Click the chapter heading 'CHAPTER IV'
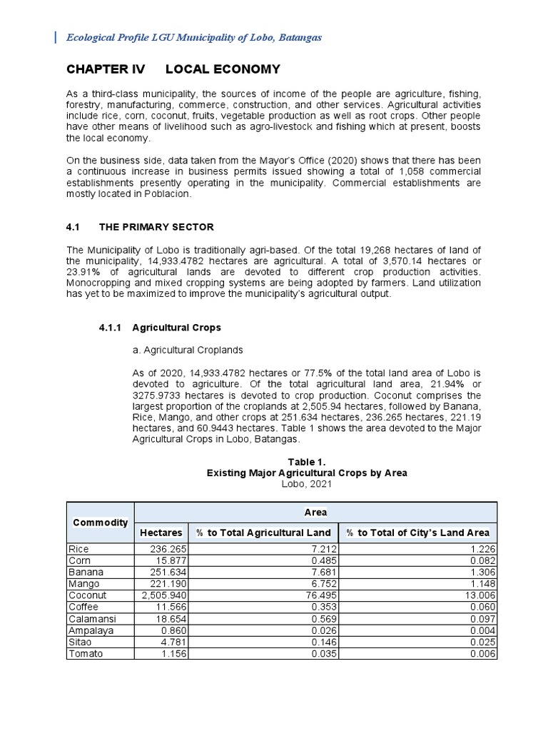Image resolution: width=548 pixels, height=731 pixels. tap(106, 69)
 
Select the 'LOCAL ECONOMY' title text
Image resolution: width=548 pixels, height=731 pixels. tap(223, 69)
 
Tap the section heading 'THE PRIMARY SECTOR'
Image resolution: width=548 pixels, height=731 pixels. tap(156, 227)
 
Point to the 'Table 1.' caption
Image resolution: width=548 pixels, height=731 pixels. tap(306, 462)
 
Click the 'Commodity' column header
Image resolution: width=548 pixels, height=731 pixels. tap(101, 522)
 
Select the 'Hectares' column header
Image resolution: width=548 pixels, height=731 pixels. tap(161, 533)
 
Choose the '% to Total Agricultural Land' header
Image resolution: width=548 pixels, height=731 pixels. tap(263, 533)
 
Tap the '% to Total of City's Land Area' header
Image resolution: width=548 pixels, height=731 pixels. tap(417, 533)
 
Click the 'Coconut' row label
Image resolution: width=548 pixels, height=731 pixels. tap(87, 595)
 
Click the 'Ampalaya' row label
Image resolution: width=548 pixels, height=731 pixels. tap(90, 630)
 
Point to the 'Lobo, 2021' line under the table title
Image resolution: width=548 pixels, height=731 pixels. tap(306, 483)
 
